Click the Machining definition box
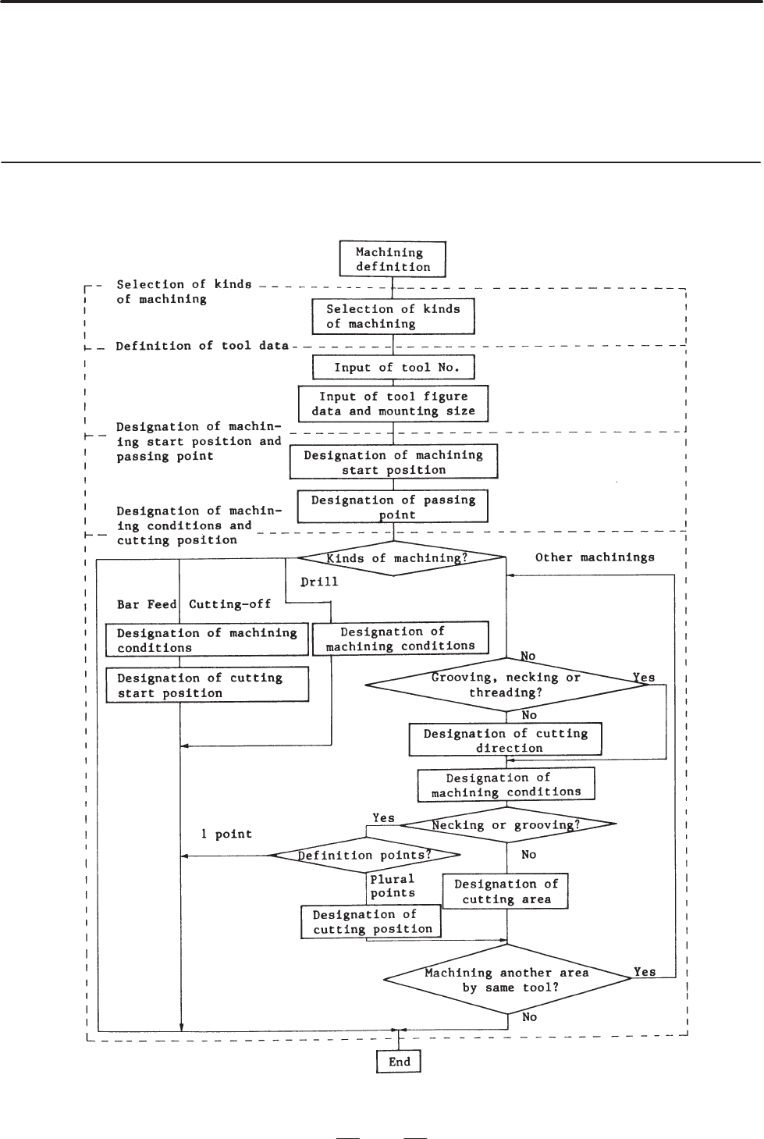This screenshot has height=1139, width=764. [x=393, y=259]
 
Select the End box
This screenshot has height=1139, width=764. [x=399, y=1062]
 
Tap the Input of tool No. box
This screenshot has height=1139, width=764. [x=393, y=367]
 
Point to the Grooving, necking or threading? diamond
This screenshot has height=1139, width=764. [x=506, y=685]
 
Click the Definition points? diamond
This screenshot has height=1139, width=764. [x=364, y=856]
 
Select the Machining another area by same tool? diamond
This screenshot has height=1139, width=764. [x=507, y=980]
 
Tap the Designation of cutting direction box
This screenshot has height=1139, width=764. [x=505, y=740]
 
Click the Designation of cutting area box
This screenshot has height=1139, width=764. [x=505, y=892]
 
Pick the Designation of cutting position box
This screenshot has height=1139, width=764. [x=371, y=922]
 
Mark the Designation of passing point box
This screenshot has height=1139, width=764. [x=393, y=507]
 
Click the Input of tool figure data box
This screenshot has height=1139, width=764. [x=393, y=404]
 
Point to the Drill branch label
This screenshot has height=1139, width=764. [x=319, y=582]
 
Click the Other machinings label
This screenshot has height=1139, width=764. [x=595, y=557]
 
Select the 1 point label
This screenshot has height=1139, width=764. [x=226, y=834]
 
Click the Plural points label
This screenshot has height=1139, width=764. [x=393, y=886]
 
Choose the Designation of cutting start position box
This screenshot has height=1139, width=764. [x=207, y=685]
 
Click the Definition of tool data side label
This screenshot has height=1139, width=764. [x=202, y=346]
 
